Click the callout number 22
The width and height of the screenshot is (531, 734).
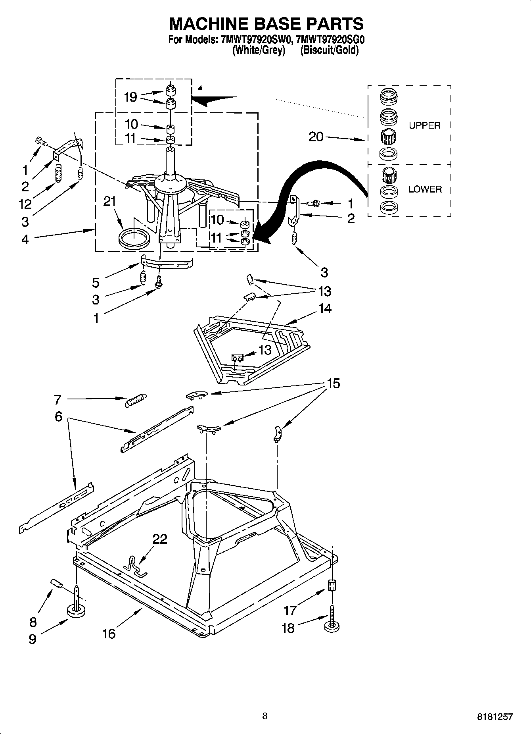[160, 539]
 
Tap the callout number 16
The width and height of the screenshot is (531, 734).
[109, 634]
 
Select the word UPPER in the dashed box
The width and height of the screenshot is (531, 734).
[424, 125]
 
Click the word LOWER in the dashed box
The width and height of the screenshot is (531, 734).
[425, 189]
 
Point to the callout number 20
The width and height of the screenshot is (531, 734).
[316, 137]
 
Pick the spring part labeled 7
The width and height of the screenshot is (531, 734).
[136, 399]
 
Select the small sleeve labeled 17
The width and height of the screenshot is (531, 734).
[332, 585]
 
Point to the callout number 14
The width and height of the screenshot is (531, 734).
[324, 308]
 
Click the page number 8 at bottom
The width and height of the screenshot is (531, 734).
[265, 716]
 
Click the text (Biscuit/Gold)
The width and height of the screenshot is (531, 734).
[329, 50]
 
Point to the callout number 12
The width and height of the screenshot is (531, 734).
[25, 204]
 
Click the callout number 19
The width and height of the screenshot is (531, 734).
[130, 97]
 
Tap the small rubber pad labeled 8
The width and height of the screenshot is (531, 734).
[57, 584]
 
